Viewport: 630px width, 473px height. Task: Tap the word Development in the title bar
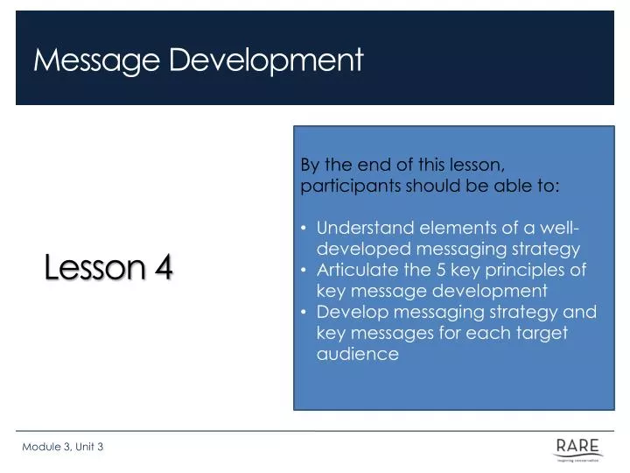pos(265,60)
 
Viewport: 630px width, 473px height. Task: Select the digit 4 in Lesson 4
pos(163,269)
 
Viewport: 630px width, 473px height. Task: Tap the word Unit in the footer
pos(85,447)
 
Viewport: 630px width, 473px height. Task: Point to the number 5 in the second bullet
pos(434,270)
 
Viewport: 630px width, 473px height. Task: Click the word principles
pos(518,270)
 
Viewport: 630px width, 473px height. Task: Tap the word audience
pos(357,354)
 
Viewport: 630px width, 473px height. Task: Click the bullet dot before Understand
pos(304,229)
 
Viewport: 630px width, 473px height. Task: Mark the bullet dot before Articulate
pos(304,270)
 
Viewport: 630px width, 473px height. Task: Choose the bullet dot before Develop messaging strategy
pos(304,312)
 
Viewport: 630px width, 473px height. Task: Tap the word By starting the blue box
pos(311,166)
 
